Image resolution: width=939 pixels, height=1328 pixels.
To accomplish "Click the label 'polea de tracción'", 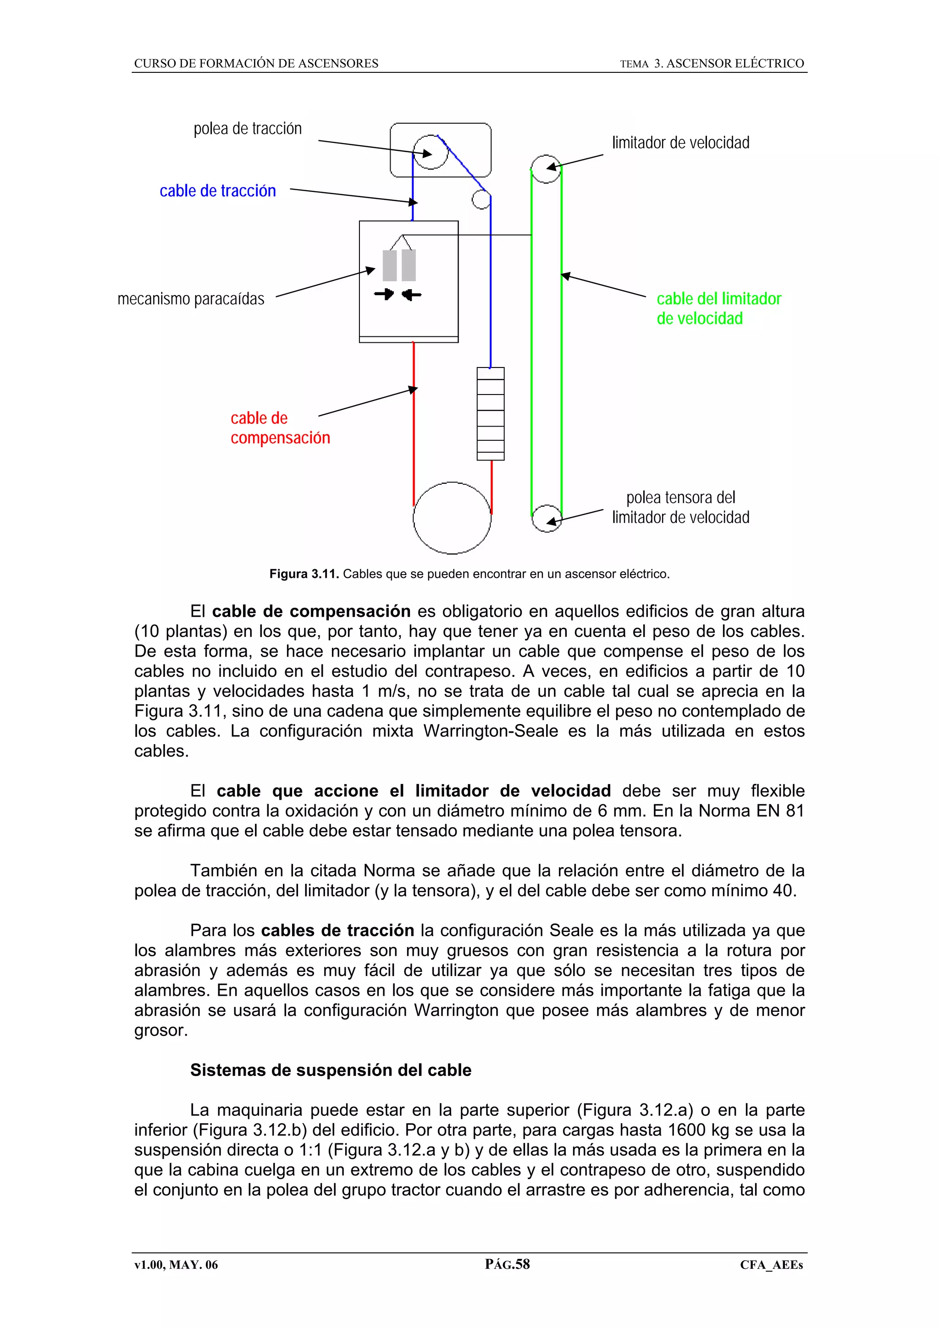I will coord(248,128).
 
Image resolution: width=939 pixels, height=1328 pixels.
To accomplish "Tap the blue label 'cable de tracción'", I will coord(217,191).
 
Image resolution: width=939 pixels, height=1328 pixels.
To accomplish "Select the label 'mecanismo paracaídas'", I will coord(191,299).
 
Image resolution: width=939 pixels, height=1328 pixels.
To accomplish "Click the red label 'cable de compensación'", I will coord(280,428).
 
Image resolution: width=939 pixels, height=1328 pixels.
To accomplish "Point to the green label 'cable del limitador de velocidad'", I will coord(718,308).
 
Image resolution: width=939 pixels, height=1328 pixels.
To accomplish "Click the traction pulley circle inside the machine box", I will coord(431,152).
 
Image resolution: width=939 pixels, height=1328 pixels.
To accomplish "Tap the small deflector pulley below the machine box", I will coord(481,199).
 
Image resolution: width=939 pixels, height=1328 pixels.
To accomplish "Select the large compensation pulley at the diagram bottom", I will coord(452,518).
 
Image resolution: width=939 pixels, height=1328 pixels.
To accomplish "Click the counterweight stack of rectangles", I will coord(491,413).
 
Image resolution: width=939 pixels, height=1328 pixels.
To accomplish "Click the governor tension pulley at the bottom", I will coord(546,518).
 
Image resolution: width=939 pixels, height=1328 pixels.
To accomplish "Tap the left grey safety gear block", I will coord(389,265).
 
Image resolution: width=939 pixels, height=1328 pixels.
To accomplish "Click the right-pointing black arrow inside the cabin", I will coord(384,294).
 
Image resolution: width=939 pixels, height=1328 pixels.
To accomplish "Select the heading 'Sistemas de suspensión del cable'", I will coord(331,1070).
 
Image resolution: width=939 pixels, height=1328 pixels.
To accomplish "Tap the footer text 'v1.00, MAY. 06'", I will coord(176,1265).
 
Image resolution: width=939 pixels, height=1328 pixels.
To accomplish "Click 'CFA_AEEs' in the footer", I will coord(771,1265).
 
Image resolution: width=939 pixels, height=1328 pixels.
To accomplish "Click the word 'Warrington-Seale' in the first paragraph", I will coord(491,731).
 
